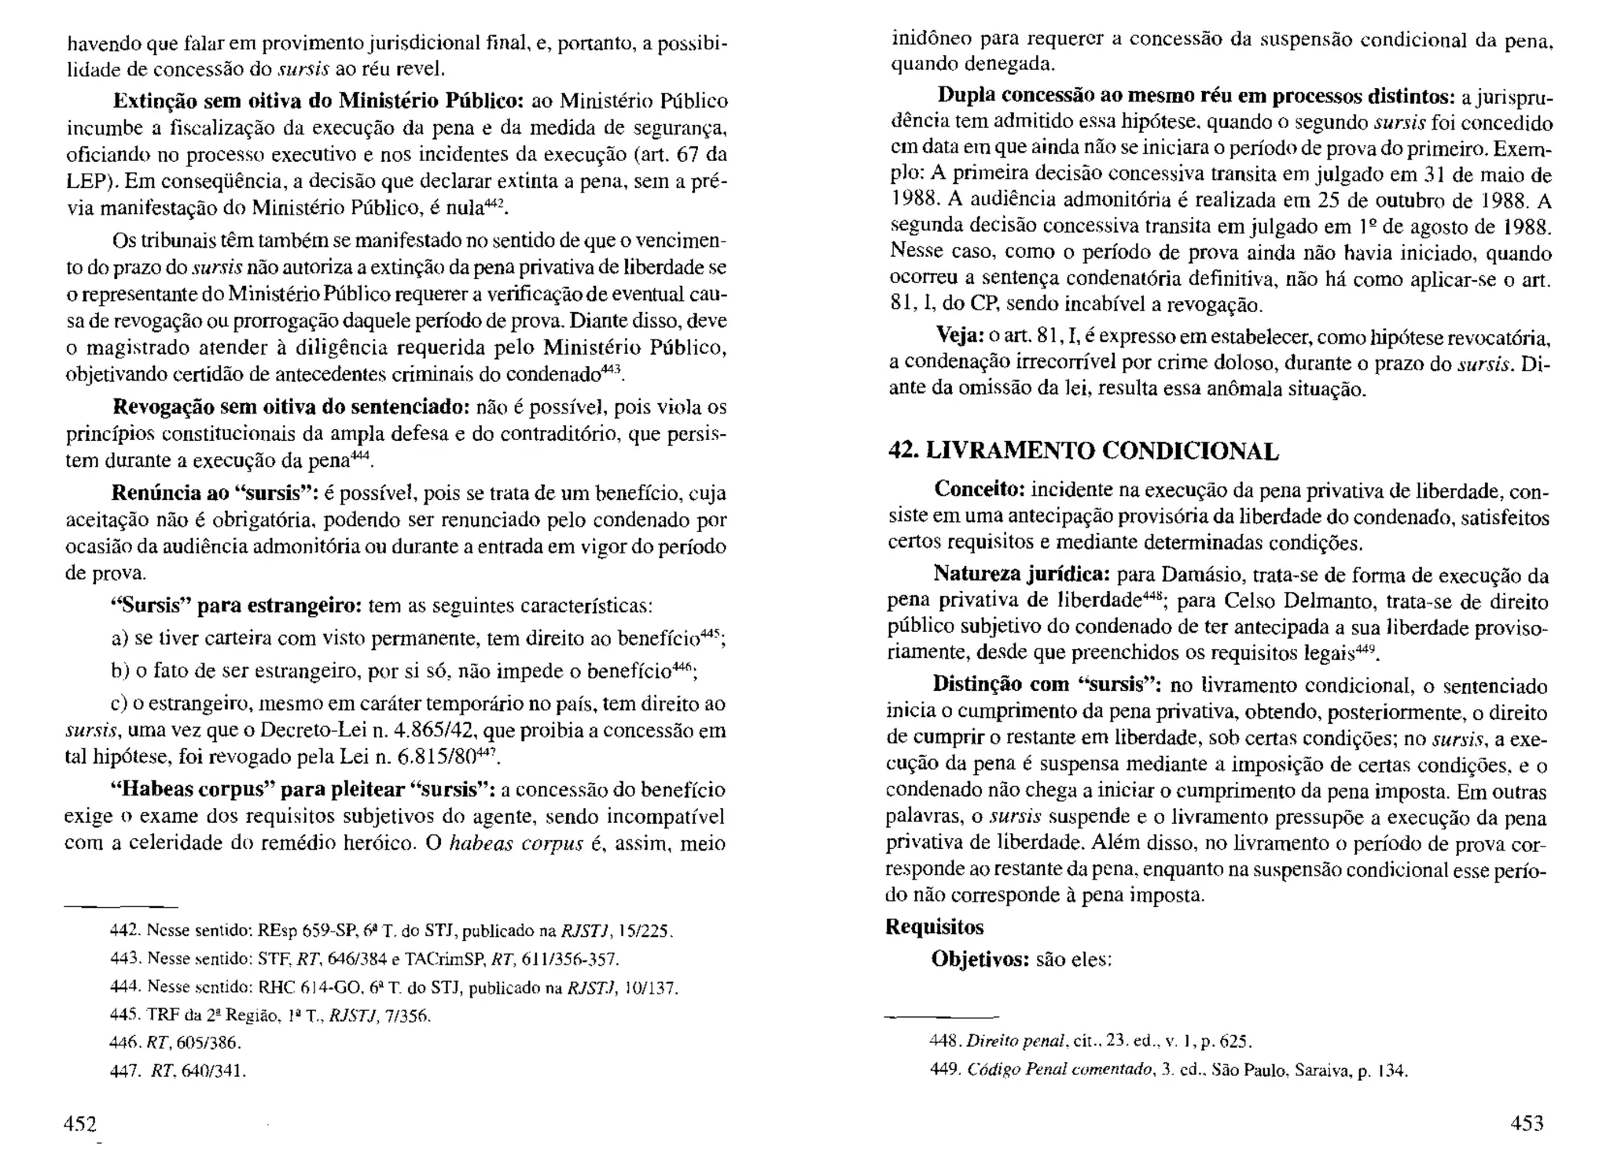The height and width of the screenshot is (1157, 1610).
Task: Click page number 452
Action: pyautogui.click(x=79, y=1123)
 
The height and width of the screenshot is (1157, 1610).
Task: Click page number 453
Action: pyautogui.click(x=1527, y=1123)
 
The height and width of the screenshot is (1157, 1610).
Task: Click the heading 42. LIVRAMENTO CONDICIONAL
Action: pyautogui.click(x=1083, y=451)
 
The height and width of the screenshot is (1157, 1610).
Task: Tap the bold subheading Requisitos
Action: pyautogui.click(x=934, y=927)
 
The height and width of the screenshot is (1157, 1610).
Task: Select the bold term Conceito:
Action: pyautogui.click(x=979, y=490)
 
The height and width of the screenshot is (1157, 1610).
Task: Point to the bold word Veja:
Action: pyautogui.click(x=957, y=336)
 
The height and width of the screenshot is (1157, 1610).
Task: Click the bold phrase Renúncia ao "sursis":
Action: pyautogui.click(x=214, y=494)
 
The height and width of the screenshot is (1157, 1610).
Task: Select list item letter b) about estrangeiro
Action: pyautogui.click(x=119, y=671)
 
